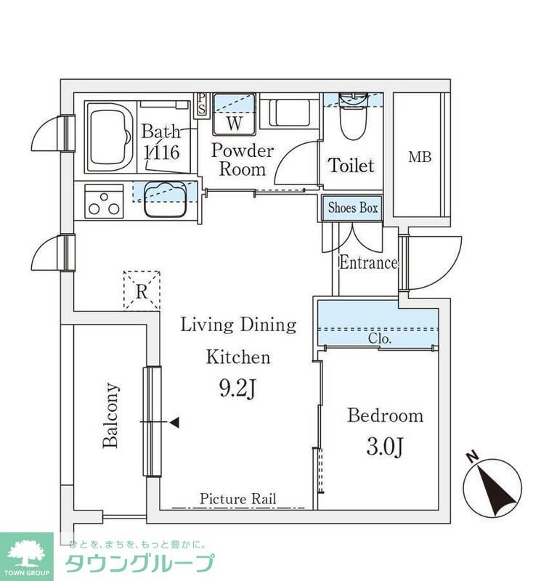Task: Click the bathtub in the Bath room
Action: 110,137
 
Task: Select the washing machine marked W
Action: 234,115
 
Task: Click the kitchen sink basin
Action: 166,199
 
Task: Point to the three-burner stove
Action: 104,201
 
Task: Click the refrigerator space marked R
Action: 142,290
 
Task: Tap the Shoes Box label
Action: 353,208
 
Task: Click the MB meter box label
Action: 420,157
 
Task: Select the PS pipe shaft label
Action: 202,104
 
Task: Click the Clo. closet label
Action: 380,338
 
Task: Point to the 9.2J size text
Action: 237,389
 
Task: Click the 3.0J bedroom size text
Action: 385,447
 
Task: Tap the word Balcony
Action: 111,415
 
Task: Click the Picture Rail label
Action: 237,499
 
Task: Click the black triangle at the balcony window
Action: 174,422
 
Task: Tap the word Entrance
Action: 368,263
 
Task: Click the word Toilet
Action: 351,166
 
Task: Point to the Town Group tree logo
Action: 27,554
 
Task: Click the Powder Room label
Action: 243,160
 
